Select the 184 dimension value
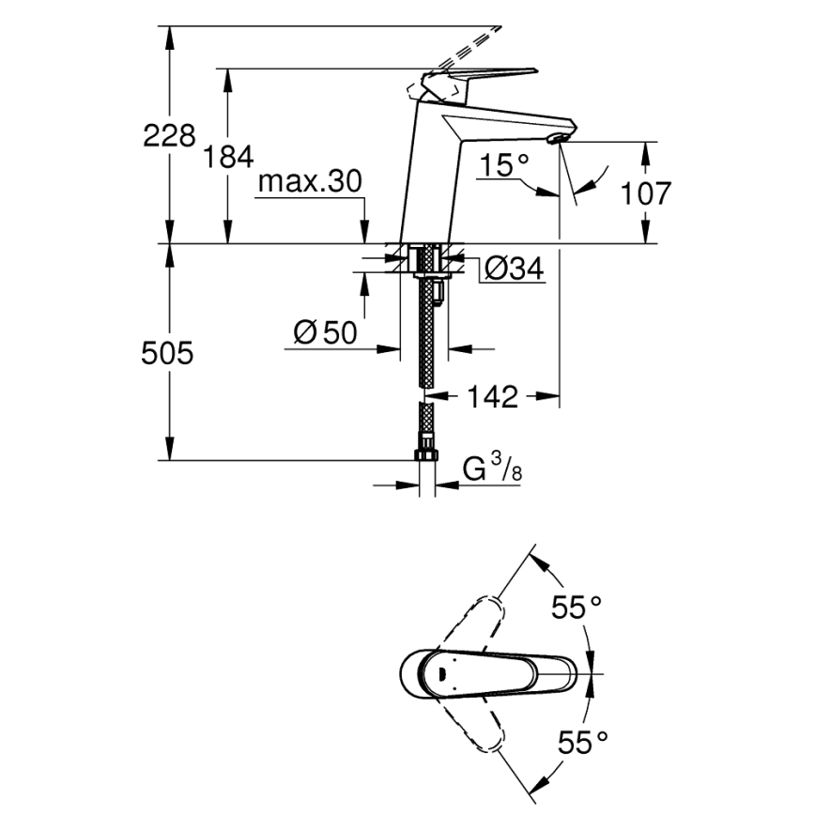[229, 157]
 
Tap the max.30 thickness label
[309, 181]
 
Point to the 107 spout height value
[647, 193]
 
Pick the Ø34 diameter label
[514, 269]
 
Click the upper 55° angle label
[575, 608]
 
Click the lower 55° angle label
[575, 744]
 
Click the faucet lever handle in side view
[488, 75]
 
